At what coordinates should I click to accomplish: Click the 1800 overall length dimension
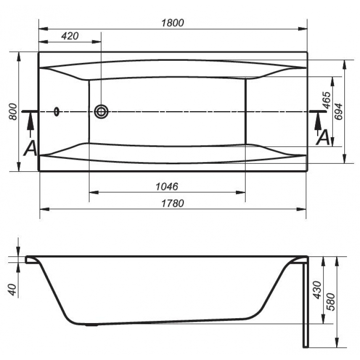(x=173, y=23)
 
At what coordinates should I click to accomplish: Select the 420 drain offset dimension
(x=70, y=36)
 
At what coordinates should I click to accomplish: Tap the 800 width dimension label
(x=13, y=112)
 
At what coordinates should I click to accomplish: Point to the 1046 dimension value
(x=167, y=186)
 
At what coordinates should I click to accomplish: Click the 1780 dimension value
(x=173, y=203)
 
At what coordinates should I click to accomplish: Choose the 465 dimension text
(x=326, y=100)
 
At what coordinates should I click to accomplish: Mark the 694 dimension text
(x=338, y=112)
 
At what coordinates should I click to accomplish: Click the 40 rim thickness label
(x=13, y=290)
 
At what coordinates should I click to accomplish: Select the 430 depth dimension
(x=318, y=290)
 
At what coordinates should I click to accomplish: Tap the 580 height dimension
(x=331, y=301)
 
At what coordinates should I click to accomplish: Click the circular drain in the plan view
(x=101, y=112)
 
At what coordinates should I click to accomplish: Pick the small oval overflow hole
(x=57, y=112)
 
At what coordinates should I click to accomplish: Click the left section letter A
(x=30, y=148)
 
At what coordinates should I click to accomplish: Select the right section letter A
(x=323, y=137)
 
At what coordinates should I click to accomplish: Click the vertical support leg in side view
(x=306, y=302)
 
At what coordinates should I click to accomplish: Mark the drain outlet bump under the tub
(x=91, y=324)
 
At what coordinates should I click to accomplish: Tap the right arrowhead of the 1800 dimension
(x=302, y=29)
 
